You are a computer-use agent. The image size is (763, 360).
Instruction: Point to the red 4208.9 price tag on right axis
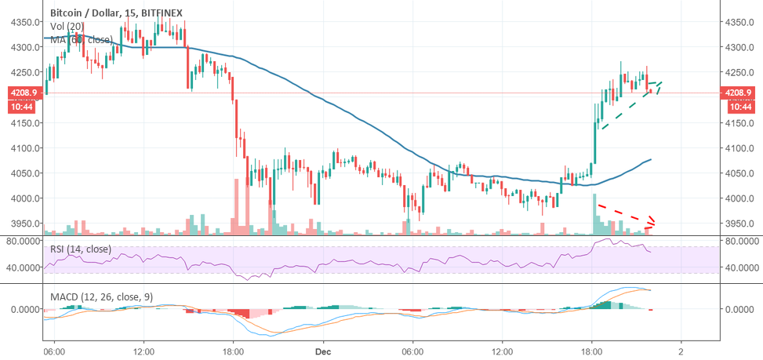pos(739,93)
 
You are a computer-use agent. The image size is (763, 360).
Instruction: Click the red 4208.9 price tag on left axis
pos(23,93)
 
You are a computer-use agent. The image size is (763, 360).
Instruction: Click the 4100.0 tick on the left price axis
pos(23,148)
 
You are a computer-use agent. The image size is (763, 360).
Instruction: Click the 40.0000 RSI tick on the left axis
pos(22,267)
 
